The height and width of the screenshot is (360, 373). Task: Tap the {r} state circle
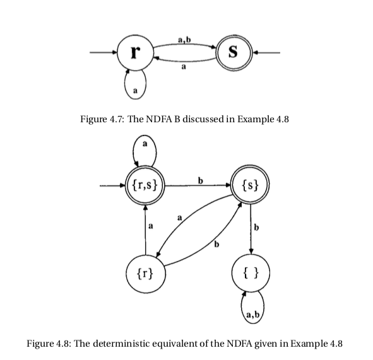tap(146, 274)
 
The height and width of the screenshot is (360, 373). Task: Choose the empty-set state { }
tap(252, 274)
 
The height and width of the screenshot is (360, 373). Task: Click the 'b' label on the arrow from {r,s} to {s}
tap(200, 181)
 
